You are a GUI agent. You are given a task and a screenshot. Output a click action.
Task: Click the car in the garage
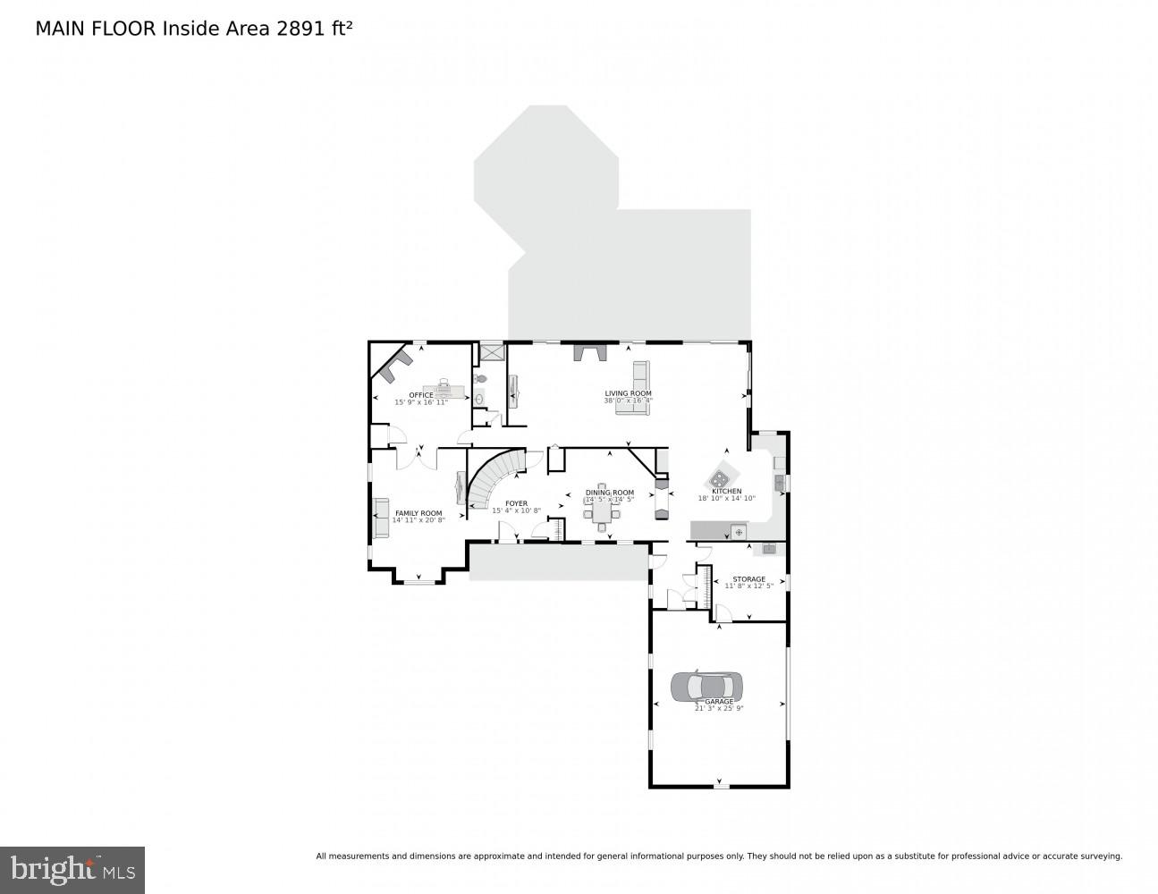[x=706, y=687]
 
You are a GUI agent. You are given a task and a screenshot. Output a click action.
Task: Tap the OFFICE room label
[x=421, y=395]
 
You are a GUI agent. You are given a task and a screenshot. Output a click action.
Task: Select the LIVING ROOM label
[x=628, y=393]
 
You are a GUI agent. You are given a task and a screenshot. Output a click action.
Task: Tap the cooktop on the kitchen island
[x=721, y=477]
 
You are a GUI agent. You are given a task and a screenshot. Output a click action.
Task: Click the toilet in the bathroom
[x=480, y=400]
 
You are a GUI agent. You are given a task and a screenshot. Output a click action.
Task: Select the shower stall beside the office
[x=491, y=351]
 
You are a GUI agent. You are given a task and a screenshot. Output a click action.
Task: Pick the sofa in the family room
[x=382, y=518]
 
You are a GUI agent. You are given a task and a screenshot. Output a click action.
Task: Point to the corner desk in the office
[x=394, y=360]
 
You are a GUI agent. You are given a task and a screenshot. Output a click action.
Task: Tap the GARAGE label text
[x=719, y=702]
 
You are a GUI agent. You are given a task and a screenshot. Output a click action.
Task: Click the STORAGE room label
[x=748, y=579]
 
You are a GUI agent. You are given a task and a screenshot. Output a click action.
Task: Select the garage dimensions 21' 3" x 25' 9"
[x=719, y=708]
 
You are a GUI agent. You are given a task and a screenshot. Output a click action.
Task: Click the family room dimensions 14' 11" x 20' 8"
[x=418, y=519]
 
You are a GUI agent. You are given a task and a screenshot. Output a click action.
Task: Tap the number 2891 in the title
[x=300, y=28]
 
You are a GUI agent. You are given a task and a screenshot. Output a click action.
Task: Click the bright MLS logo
[x=72, y=869]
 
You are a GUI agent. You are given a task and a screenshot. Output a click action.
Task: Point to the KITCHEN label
[x=726, y=492]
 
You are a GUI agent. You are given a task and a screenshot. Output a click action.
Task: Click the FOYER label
[x=516, y=503]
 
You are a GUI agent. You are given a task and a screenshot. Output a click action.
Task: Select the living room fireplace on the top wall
[x=590, y=351]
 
